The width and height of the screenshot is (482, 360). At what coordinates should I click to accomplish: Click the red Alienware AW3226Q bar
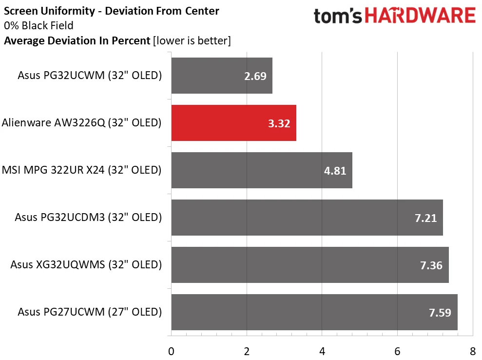(x=233, y=123)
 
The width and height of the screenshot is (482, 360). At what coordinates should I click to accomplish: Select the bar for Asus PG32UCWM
(x=222, y=76)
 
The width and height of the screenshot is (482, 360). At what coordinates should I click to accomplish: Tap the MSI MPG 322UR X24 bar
(x=262, y=170)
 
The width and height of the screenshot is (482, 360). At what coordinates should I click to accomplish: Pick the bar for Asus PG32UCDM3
(x=307, y=218)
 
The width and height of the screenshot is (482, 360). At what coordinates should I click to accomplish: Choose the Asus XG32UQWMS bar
(x=310, y=265)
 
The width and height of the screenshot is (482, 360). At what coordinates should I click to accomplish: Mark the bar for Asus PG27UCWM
(x=314, y=312)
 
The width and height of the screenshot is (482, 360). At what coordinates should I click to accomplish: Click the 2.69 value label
(x=255, y=76)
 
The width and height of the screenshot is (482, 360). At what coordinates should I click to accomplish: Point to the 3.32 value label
(x=279, y=123)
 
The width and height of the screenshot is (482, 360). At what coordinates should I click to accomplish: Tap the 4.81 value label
(x=335, y=171)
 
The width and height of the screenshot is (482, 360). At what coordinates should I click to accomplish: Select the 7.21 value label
(x=426, y=218)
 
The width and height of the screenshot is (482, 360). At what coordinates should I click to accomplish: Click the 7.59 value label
(x=440, y=313)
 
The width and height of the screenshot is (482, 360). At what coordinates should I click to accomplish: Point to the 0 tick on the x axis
(x=171, y=351)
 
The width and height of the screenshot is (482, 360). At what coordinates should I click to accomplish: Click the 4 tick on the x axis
(x=322, y=351)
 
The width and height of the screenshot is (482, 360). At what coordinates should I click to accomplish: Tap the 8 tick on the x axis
(x=473, y=351)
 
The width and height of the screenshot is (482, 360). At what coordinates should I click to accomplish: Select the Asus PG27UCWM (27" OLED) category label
(x=90, y=312)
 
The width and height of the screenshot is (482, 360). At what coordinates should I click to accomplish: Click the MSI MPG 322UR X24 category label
(x=81, y=170)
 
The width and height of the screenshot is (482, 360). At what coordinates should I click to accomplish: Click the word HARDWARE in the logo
(x=420, y=16)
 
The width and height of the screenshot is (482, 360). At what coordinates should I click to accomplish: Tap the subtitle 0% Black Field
(x=39, y=25)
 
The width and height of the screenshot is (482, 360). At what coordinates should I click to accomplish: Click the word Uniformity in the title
(x=68, y=11)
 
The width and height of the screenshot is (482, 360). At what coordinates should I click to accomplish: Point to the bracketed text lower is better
(x=192, y=41)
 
